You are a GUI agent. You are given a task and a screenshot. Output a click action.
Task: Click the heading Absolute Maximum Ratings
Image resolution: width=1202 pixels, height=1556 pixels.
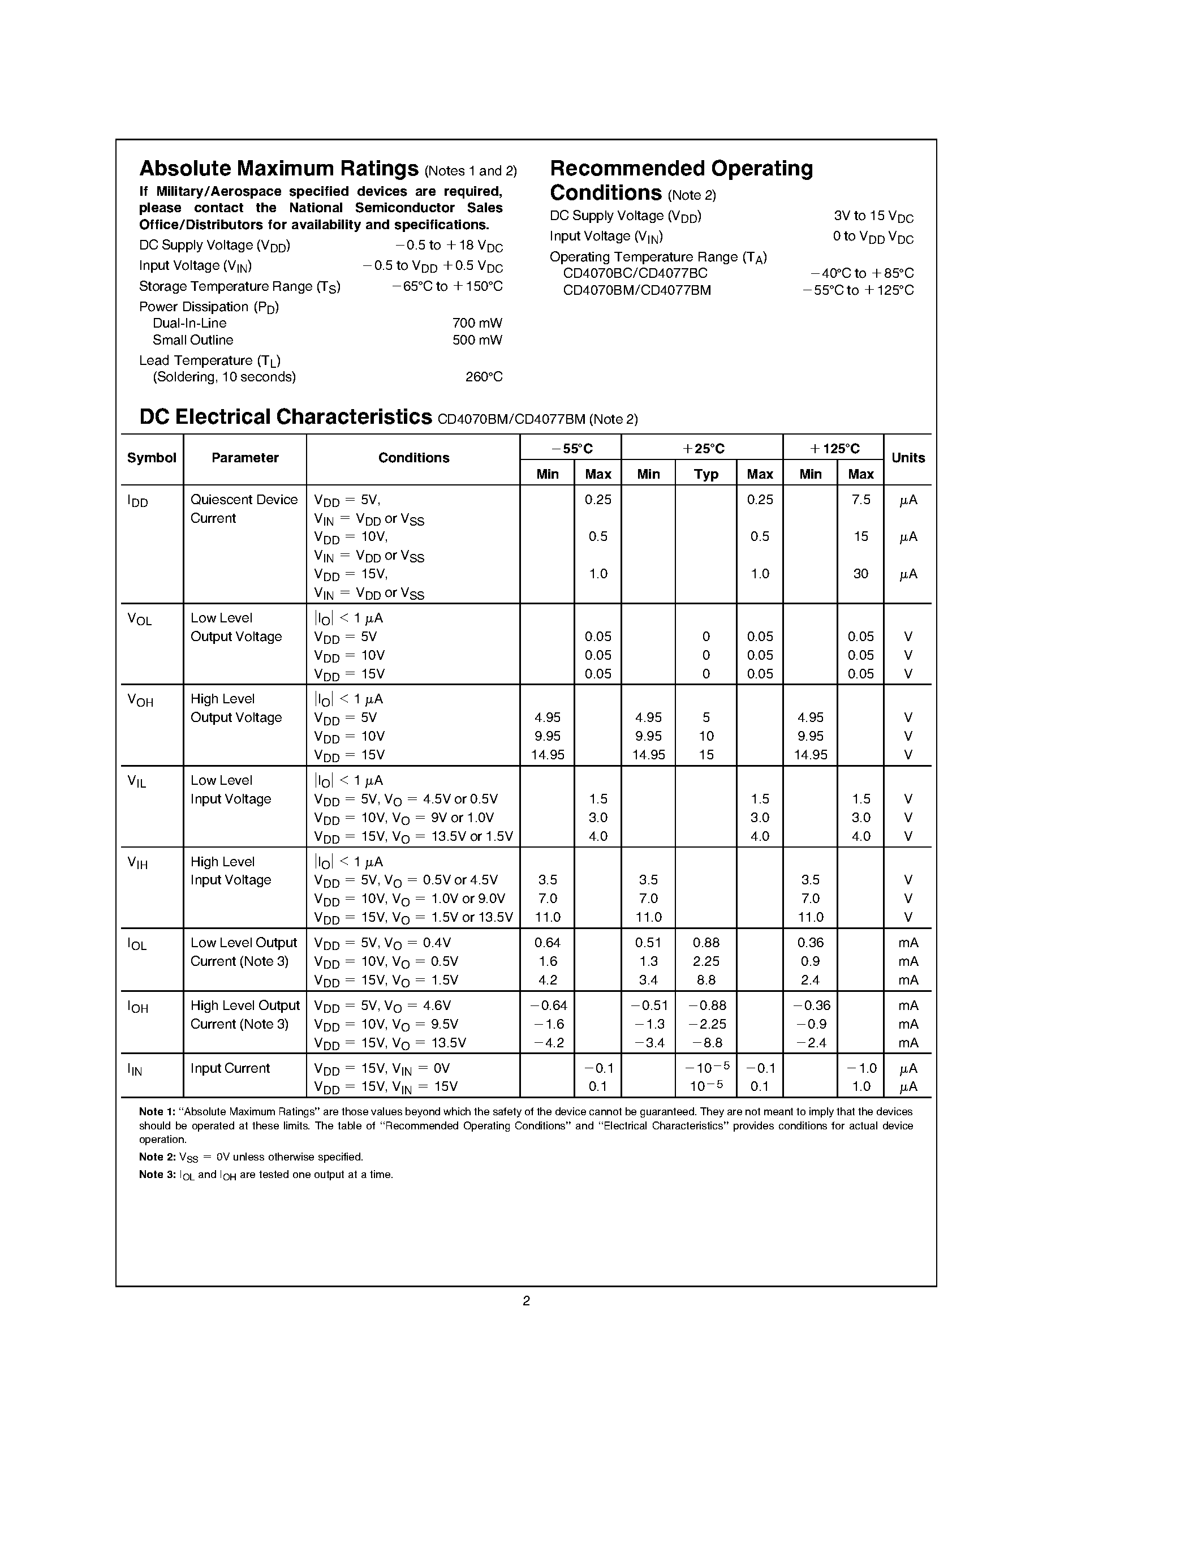(x=278, y=169)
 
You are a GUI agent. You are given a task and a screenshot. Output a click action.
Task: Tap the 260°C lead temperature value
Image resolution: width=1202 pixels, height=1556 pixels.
(x=484, y=377)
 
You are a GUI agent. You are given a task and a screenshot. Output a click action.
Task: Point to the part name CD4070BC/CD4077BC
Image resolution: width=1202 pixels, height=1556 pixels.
(x=635, y=274)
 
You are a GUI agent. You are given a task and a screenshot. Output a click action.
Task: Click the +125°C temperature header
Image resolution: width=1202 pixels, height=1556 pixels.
(x=834, y=449)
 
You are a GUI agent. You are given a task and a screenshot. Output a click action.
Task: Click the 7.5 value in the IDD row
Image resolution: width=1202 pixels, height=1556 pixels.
(x=861, y=500)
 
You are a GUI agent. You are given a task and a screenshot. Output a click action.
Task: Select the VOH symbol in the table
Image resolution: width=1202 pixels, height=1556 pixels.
(x=140, y=700)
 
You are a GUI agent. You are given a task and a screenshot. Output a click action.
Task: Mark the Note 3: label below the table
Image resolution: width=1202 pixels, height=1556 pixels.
(x=157, y=1175)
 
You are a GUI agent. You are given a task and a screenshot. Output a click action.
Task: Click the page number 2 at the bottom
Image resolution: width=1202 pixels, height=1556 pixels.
(x=526, y=1301)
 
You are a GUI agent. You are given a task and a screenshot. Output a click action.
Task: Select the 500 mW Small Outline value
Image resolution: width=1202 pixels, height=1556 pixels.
(x=477, y=341)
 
